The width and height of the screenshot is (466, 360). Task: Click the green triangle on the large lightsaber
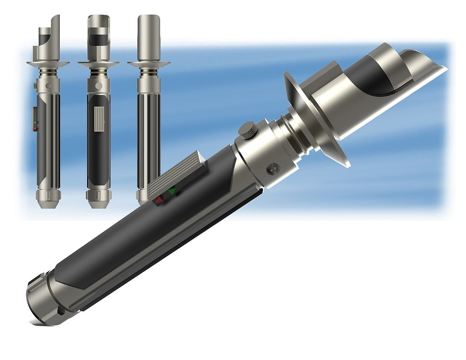172,191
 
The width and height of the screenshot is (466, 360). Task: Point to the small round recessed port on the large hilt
273,168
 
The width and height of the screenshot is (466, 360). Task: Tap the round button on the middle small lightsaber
99,85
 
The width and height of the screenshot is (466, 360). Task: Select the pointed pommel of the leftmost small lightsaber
48,201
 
